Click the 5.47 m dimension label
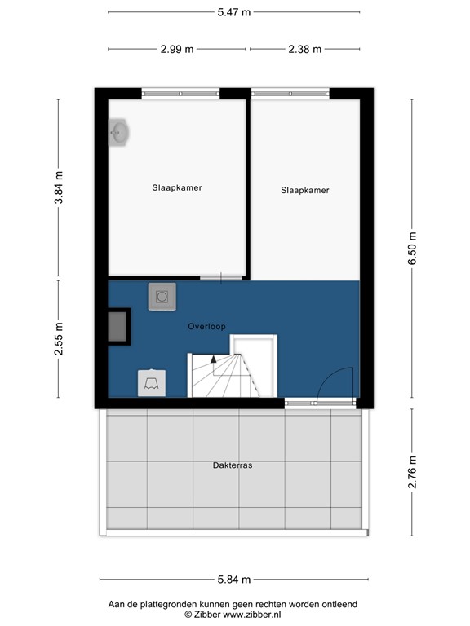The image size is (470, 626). click(x=233, y=12)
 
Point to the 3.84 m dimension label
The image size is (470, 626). click(x=58, y=189)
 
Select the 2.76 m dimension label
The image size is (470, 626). click(x=412, y=473)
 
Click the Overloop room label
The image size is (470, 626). click(x=206, y=327)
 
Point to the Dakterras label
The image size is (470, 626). click(x=233, y=465)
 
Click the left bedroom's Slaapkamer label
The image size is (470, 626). click(x=177, y=187)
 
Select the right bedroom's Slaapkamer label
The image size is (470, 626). click(x=304, y=191)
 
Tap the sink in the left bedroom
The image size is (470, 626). click(x=119, y=133)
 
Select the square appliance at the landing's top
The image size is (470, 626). click(x=161, y=296)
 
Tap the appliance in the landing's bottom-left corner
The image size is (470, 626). click(x=152, y=382)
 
